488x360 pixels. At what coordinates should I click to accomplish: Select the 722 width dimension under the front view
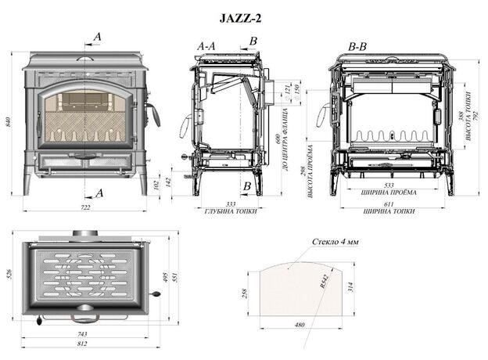point(85,207)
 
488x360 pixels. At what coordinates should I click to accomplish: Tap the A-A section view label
point(206,47)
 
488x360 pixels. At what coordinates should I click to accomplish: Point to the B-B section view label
point(358,47)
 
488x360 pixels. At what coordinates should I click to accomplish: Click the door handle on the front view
point(154,115)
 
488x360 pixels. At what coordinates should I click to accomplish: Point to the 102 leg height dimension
point(156,185)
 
